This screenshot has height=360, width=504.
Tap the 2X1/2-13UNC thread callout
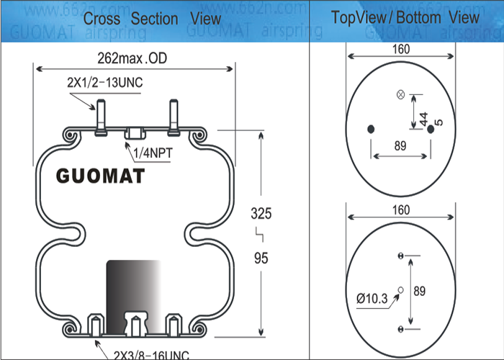105,83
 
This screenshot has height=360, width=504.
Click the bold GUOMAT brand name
100,176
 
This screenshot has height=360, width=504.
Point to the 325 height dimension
261,213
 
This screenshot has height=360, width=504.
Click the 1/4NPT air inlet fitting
135,134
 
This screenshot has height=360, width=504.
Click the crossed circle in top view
401,94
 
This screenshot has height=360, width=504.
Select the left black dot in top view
372,130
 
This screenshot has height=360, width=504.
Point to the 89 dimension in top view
401,146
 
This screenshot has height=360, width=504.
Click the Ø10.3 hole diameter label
372,297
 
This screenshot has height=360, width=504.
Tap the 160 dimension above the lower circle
401,210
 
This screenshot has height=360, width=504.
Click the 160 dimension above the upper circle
401,50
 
